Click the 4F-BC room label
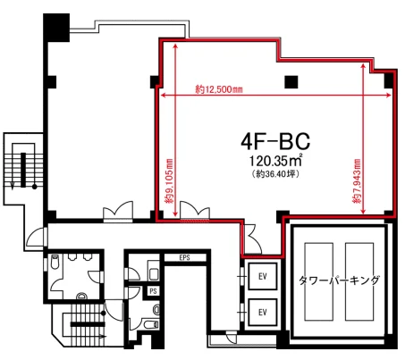click(275, 141)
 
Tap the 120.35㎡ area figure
click(275, 161)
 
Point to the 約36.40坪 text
click(275, 174)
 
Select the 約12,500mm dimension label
click(219, 89)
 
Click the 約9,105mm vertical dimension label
click(170, 181)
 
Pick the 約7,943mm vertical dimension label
click(357, 181)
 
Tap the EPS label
click(184, 257)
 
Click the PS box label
click(153, 291)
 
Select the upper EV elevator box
click(263, 277)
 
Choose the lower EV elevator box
click(263, 313)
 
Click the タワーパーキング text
click(339, 280)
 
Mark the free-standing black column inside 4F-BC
click(291, 82)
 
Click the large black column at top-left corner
click(56, 28)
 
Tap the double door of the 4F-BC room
click(195, 211)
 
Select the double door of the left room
click(118, 212)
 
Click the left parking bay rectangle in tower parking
click(318, 281)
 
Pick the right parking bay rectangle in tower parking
click(359, 281)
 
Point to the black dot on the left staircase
click(35, 187)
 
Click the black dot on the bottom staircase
click(103, 314)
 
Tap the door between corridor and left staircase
click(37, 238)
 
